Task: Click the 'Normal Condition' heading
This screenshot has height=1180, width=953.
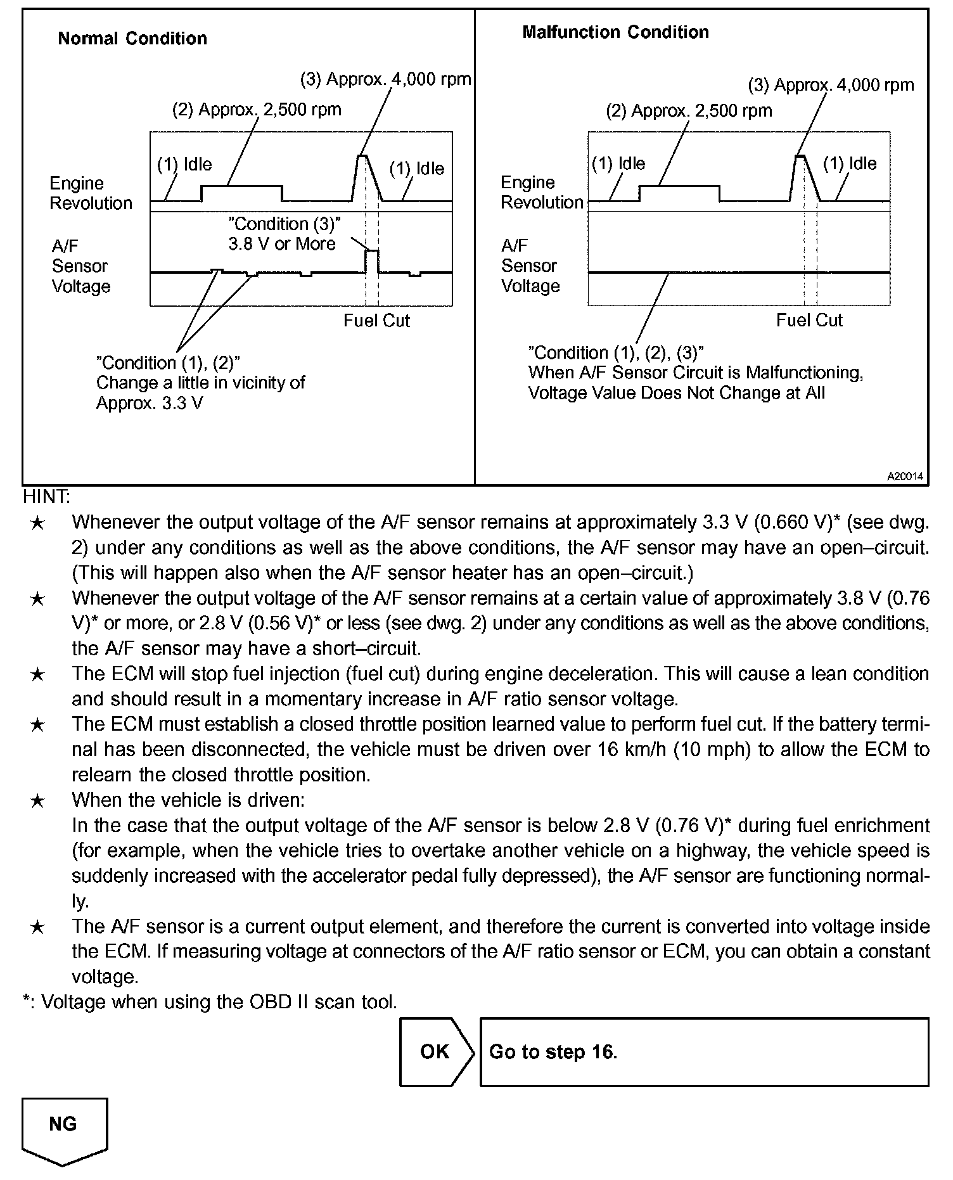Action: click(132, 39)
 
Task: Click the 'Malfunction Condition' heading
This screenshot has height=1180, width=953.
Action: click(615, 32)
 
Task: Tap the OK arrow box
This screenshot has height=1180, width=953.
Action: click(436, 1052)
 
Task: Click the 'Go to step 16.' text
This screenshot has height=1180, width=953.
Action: click(553, 1052)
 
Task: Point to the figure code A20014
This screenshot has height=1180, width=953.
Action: click(905, 476)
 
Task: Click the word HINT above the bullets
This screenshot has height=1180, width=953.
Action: click(46, 497)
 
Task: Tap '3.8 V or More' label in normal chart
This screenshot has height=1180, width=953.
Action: click(282, 244)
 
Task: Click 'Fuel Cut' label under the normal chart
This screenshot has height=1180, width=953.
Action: click(376, 321)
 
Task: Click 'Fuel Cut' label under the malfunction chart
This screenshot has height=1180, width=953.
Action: click(809, 321)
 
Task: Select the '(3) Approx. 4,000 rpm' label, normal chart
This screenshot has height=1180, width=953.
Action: click(385, 80)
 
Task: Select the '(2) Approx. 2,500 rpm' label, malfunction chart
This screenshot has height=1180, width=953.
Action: click(689, 112)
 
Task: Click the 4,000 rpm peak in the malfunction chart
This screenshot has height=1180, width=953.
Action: click(800, 156)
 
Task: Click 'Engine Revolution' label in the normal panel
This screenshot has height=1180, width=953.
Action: click(91, 193)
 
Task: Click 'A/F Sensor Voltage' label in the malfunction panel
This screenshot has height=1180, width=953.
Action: click(530, 266)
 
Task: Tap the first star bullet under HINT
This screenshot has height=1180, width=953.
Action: click(38, 523)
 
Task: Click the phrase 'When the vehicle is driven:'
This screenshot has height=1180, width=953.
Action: click(188, 800)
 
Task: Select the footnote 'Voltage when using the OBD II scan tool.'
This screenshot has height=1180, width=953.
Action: click(219, 1003)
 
